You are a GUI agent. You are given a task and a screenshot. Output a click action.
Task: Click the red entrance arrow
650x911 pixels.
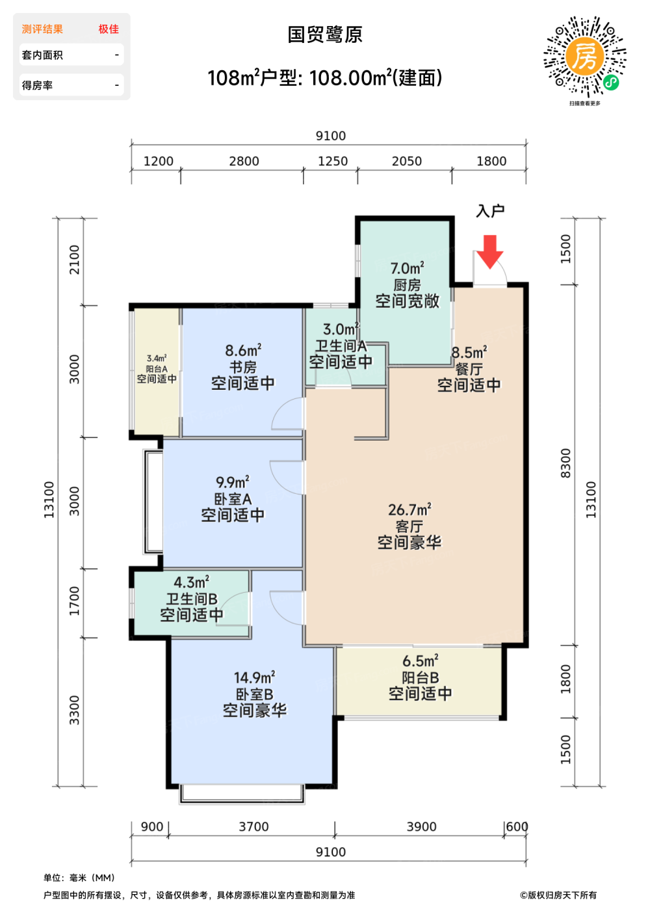[489, 251]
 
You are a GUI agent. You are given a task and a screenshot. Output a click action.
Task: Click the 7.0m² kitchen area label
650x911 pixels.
[407, 268]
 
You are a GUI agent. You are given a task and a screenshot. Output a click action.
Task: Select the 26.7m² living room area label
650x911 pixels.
[409, 510]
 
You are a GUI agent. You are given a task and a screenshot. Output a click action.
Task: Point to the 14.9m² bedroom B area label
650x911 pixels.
[254, 677]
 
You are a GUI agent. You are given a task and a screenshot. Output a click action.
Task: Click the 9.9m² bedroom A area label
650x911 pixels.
[233, 482]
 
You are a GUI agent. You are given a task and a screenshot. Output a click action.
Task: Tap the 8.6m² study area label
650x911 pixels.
[243, 350]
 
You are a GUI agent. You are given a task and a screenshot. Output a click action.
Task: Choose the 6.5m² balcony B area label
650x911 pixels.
[420, 661]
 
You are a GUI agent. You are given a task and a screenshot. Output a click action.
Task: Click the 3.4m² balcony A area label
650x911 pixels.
[157, 359]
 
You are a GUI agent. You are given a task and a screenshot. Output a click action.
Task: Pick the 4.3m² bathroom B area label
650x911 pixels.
[191, 582]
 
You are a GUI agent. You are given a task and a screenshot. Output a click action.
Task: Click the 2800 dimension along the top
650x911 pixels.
[244, 161]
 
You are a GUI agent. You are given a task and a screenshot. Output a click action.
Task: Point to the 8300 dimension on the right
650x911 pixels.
[565, 463]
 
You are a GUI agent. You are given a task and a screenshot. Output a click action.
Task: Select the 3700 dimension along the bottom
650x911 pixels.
[253, 827]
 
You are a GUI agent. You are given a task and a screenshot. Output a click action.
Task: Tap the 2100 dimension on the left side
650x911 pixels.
[74, 260]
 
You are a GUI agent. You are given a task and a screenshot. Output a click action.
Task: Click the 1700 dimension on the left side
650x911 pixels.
[74, 601]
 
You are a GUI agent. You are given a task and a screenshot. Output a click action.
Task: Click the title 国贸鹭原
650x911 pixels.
[324, 34]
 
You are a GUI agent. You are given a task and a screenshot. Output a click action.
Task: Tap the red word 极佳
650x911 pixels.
[109, 29]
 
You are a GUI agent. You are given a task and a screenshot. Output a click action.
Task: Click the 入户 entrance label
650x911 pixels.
[490, 211]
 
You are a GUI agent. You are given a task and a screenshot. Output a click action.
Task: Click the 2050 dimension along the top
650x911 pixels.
[407, 161]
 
